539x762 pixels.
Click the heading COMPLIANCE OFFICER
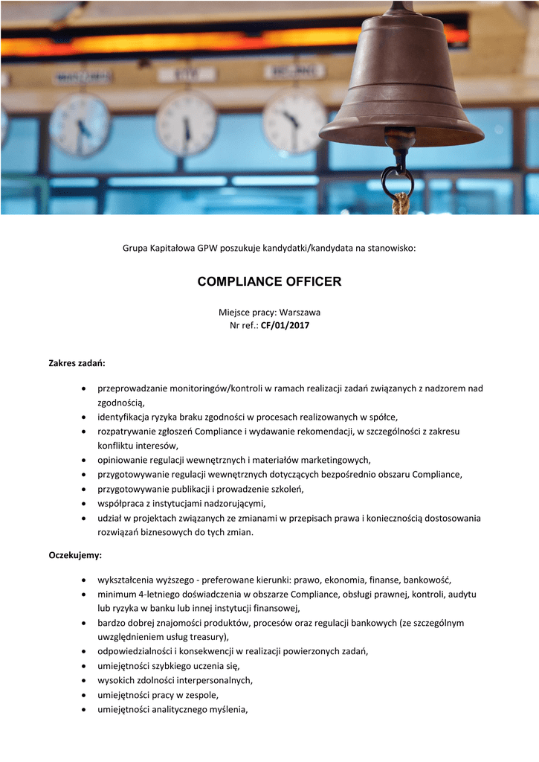269,281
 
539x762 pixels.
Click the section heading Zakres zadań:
77,363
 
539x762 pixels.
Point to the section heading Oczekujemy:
75,555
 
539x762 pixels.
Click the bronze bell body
401,82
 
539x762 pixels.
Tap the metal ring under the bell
397,181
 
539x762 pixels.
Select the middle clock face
186,124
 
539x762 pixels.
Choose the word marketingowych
332,460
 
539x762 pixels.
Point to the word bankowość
426,580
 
